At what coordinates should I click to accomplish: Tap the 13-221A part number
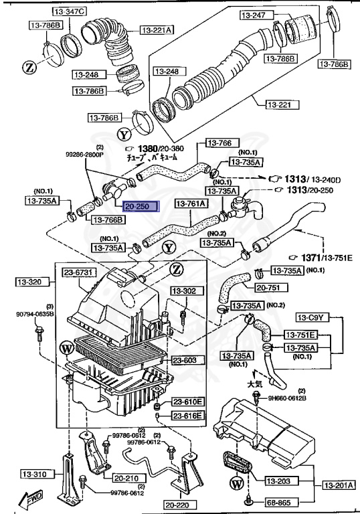tap(157, 29)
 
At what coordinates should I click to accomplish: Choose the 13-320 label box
tap(28, 282)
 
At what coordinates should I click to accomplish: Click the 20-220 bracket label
tap(181, 504)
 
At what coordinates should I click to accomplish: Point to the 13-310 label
tap(23, 475)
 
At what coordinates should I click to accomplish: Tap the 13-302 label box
tap(185, 291)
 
